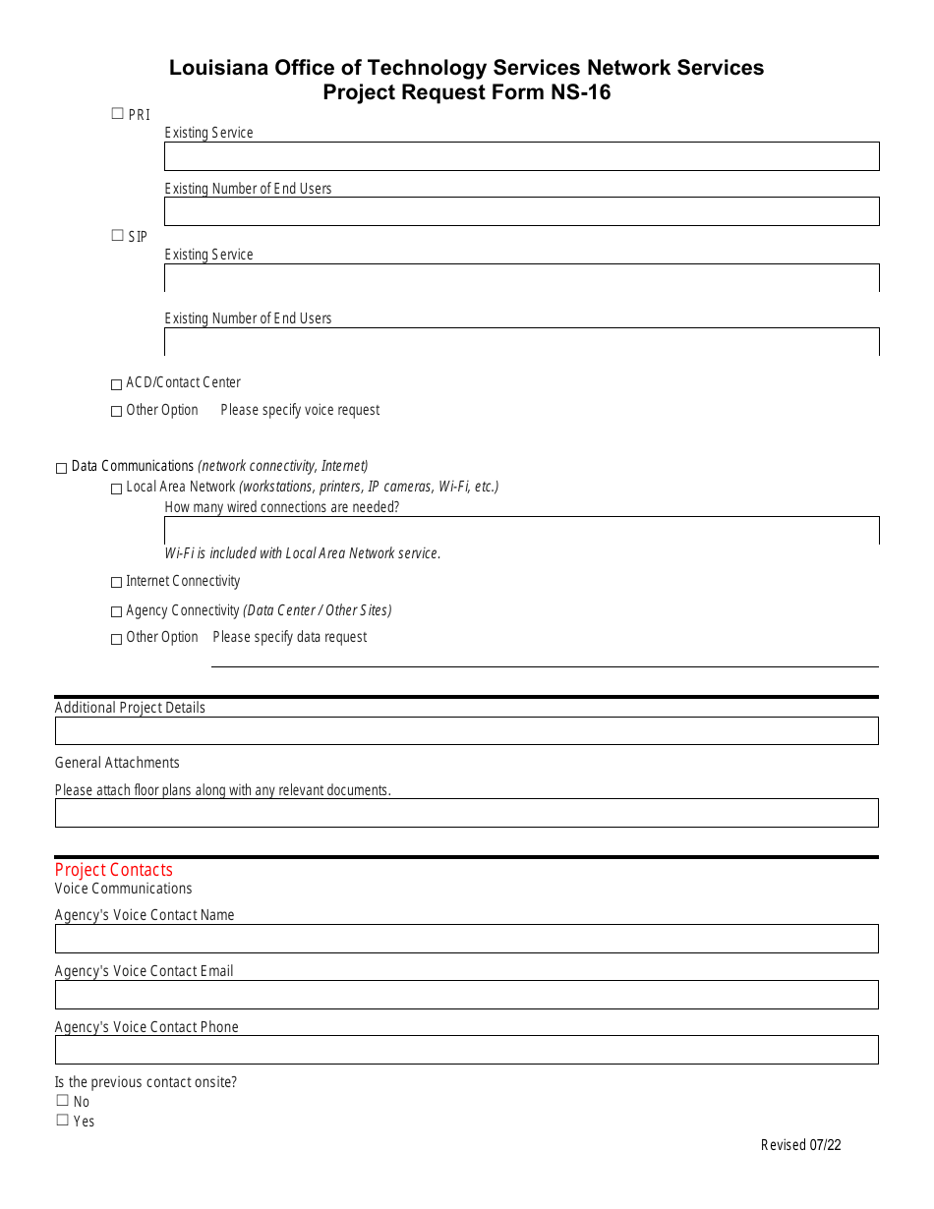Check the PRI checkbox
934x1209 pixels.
118,114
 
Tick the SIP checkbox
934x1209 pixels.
118,236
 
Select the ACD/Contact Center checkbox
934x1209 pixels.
117,383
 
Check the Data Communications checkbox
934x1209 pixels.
62,468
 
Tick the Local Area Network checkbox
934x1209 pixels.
117,489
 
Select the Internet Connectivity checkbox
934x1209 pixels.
117,583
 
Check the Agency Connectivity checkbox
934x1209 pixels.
117,612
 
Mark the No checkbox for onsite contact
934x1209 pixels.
63,1101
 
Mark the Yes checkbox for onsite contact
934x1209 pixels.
63,1121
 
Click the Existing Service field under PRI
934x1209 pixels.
521,156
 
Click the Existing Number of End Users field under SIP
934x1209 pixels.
521,342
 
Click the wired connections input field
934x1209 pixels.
521,531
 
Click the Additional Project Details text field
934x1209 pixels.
466,731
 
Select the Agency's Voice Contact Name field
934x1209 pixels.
466,939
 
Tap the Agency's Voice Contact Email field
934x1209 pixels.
466,995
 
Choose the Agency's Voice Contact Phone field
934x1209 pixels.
466,1050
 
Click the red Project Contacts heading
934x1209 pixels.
114,870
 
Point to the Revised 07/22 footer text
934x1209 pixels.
800,1145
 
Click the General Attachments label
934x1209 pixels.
117,763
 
